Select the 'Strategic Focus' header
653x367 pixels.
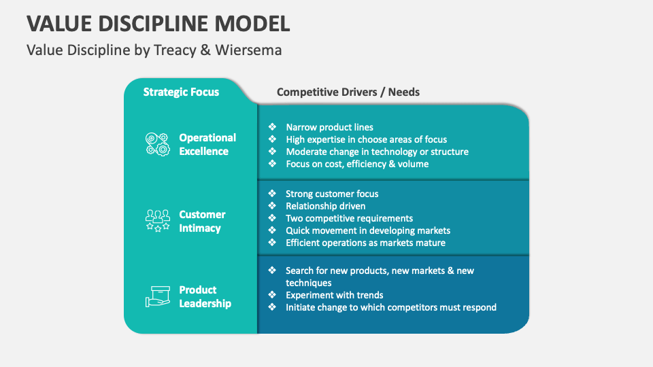[x=181, y=92]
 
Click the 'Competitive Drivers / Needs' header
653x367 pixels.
[x=348, y=92]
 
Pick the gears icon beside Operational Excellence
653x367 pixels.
[x=157, y=144]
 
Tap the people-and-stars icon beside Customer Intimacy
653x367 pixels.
[x=157, y=220]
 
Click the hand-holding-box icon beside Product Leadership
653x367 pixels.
[x=157, y=296]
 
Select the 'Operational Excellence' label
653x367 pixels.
[x=207, y=144]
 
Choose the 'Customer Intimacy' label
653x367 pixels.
[x=202, y=221]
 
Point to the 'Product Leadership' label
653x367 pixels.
[x=205, y=296]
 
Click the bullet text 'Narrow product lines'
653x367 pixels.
[x=329, y=127]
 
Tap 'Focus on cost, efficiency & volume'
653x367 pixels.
[x=357, y=164]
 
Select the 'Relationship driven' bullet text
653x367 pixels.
[x=325, y=206]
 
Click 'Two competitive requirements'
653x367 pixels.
[x=349, y=218]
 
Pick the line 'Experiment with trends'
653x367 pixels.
[x=334, y=295]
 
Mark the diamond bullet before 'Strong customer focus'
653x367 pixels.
[x=272, y=194]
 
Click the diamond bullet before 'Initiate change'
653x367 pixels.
[x=272, y=307]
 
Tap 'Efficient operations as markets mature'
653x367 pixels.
[x=365, y=243]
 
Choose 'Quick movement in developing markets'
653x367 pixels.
[x=367, y=230]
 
